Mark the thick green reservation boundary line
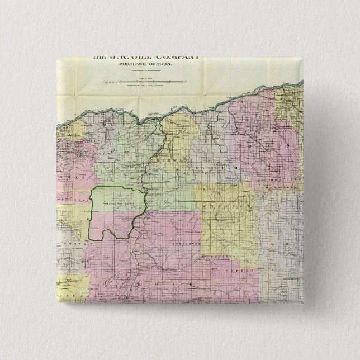coord(91,218)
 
